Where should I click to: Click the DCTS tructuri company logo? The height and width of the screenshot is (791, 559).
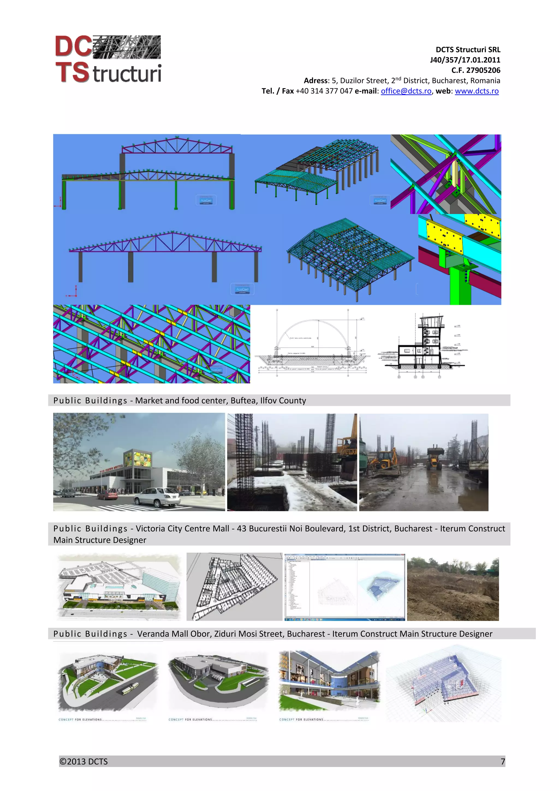coord(108,59)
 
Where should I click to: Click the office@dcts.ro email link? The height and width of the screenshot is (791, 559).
coord(406,91)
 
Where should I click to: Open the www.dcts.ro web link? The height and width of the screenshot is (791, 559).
coord(476,91)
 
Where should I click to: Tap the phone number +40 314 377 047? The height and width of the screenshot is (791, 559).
coord(324,91)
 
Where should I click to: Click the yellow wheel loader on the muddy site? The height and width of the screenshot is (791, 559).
coord(435,457)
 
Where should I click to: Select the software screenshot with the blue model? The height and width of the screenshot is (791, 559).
coord(344,587)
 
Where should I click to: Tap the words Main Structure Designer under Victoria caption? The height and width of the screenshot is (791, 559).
coord(100,540)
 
